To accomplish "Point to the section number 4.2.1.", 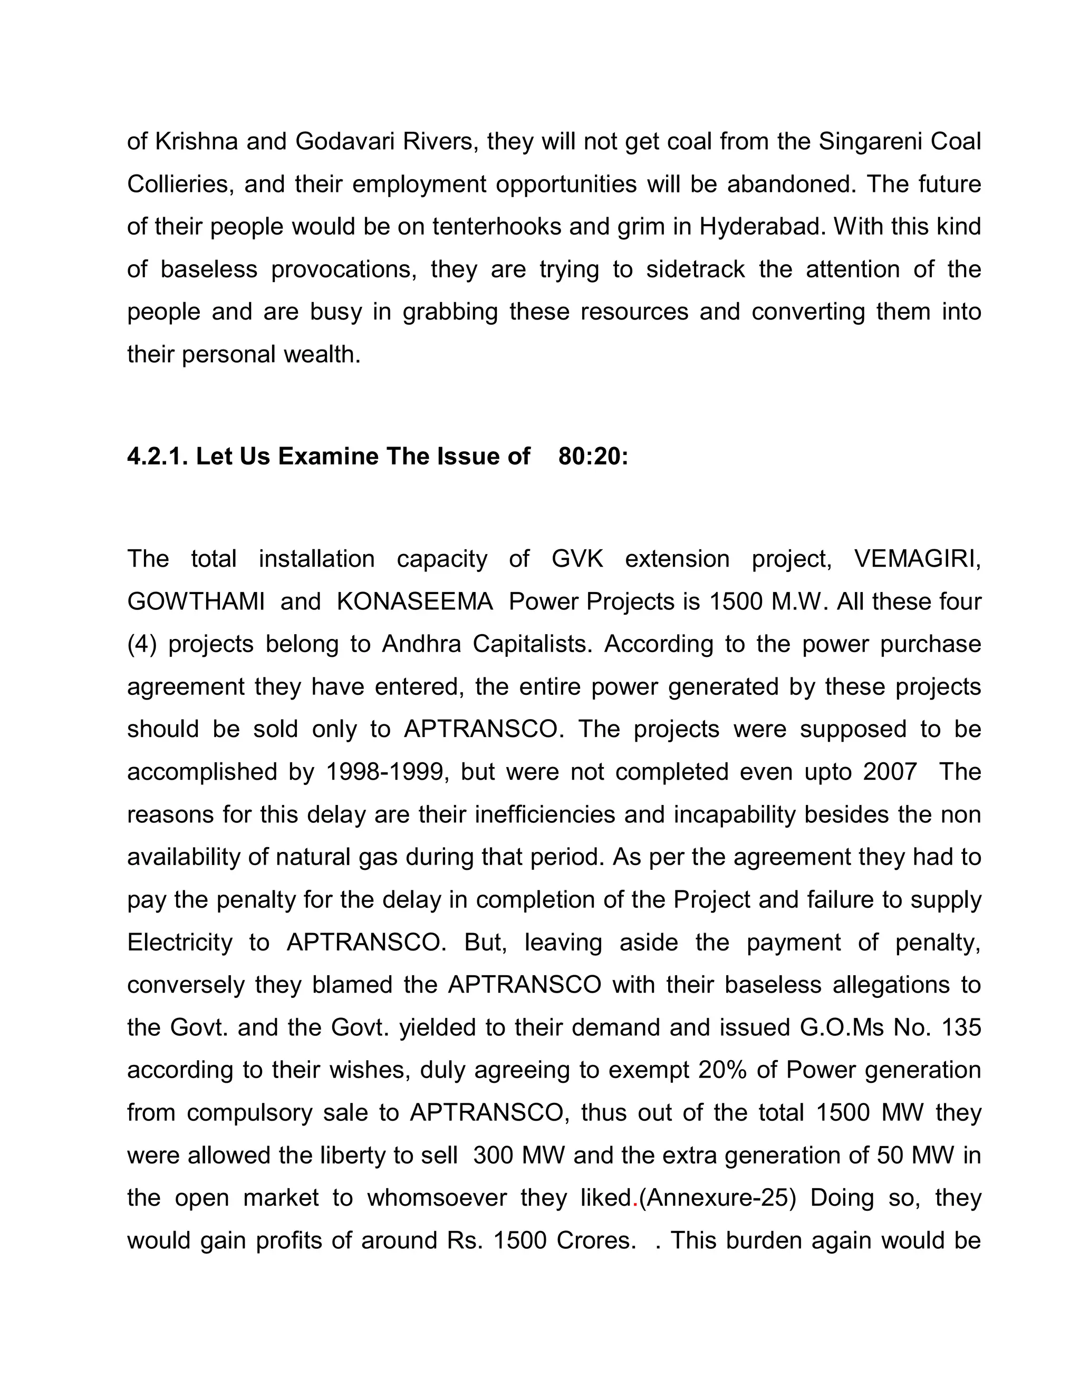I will [157, 456].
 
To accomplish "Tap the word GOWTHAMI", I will [196, 602].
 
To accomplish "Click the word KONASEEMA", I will [414, 602].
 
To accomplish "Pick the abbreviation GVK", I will [577, 559].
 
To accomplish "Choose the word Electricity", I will [180, 942].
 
